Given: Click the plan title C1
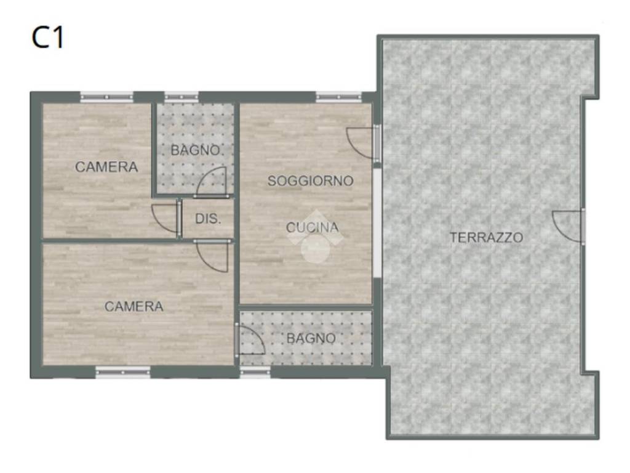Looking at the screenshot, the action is (x=47, y=38).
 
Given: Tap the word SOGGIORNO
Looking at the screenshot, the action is (x=310, y=181).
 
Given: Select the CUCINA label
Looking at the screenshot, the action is (x=312, y=228).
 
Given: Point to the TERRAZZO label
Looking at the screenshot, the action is (x=486, y=237).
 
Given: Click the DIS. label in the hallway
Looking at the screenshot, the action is (x=208, y=219).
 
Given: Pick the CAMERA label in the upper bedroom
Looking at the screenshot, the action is (x=106, y=167).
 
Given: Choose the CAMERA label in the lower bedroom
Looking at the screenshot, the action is (x=134, y=307).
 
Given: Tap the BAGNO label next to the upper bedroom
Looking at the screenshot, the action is (x=196, y=150).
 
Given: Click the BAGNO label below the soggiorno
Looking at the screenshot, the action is (x=311, y=338).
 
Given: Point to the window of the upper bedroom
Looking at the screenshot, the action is (x=106, y=97).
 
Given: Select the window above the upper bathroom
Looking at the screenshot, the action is (x=181, y=97).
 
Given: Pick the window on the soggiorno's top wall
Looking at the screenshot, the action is (x=339, y=97).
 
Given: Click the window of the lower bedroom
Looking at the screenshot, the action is (x=123, y=373).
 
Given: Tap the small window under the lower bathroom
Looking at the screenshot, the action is (x=255, y=373).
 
